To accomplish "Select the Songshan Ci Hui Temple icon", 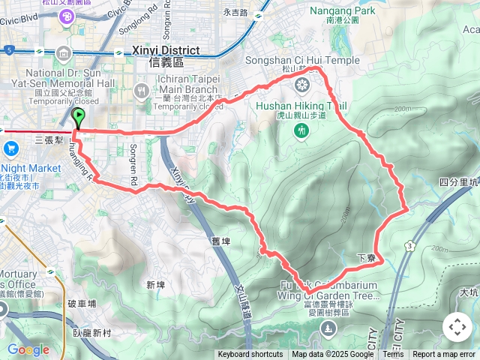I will pos(301,85).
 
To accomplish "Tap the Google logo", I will pos(28,349).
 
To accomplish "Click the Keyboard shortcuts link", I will pos(250,355).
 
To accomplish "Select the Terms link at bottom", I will pos(393,355).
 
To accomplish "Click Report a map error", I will pos(445,355).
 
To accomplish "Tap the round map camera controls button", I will pos(457,328).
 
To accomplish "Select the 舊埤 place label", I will pos(222,241).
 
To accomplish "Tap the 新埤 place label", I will pos(156,285).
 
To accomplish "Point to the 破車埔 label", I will pos(82,303).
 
